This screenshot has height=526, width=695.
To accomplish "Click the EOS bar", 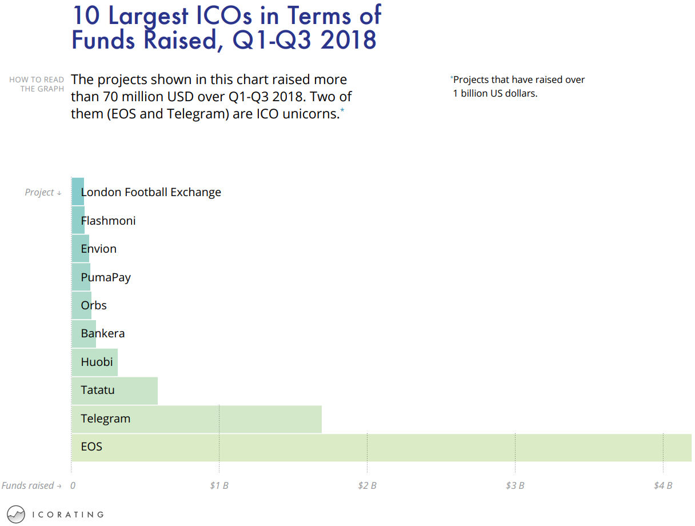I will pos(381,448).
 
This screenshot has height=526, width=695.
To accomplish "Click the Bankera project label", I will pos(103,333).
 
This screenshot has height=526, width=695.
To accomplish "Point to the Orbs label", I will pos(94,305).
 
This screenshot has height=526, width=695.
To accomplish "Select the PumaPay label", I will pos(106,277).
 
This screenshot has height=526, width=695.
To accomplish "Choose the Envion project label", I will pos(99,249).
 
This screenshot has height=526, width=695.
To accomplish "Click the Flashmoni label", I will pos(109,221).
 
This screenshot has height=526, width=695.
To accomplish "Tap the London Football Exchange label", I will pos(151,192).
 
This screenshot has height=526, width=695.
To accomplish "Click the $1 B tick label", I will pos(219,486).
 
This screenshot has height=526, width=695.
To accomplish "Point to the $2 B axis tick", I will pos(367,486).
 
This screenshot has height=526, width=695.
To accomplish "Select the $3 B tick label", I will pos(515,486).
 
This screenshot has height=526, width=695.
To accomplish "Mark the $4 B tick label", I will pos(663,486).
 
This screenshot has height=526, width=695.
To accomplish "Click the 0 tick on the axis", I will pos(73,486).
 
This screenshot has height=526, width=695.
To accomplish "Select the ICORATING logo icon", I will pos(17,515).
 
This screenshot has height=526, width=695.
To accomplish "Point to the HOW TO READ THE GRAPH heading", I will pos(37,84).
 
